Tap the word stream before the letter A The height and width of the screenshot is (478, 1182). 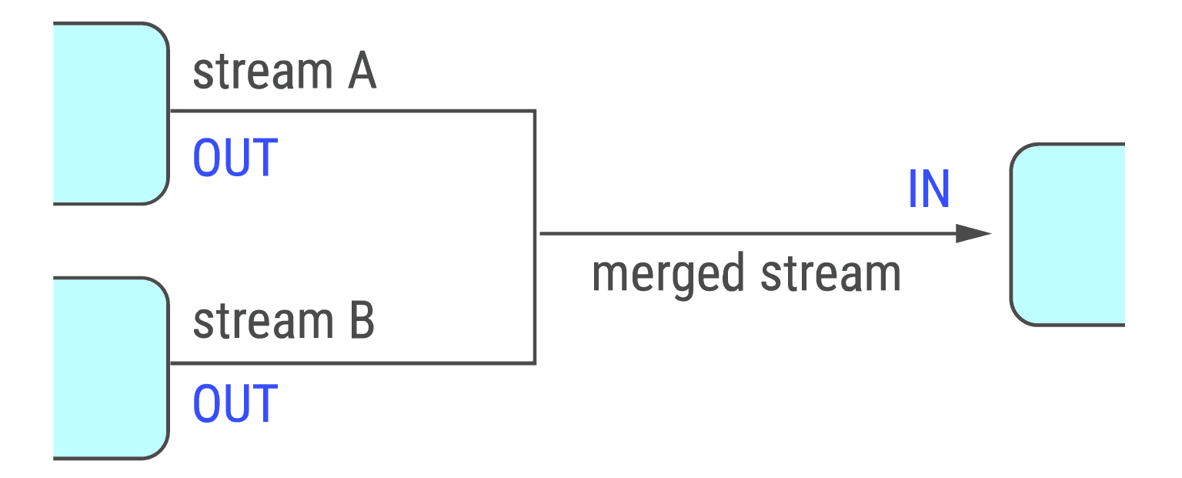(255, 72)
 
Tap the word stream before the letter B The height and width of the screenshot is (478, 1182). (255, 322)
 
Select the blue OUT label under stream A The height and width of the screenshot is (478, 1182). (235, 158)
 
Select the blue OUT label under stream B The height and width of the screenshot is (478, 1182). (235, 403)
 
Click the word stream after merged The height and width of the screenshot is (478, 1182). (831, 274)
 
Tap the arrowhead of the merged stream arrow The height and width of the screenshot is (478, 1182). (973, 233)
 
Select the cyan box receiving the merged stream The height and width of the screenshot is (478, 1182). (1068, 234)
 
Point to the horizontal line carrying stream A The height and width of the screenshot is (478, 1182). (346, 111)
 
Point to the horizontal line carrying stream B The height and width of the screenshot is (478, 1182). (346, 363)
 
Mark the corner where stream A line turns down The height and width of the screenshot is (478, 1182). (534, 111)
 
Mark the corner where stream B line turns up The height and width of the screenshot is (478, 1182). (534, 363)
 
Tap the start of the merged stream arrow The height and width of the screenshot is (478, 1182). (542, 233)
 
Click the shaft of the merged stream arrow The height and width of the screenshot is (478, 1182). (746, 233)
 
